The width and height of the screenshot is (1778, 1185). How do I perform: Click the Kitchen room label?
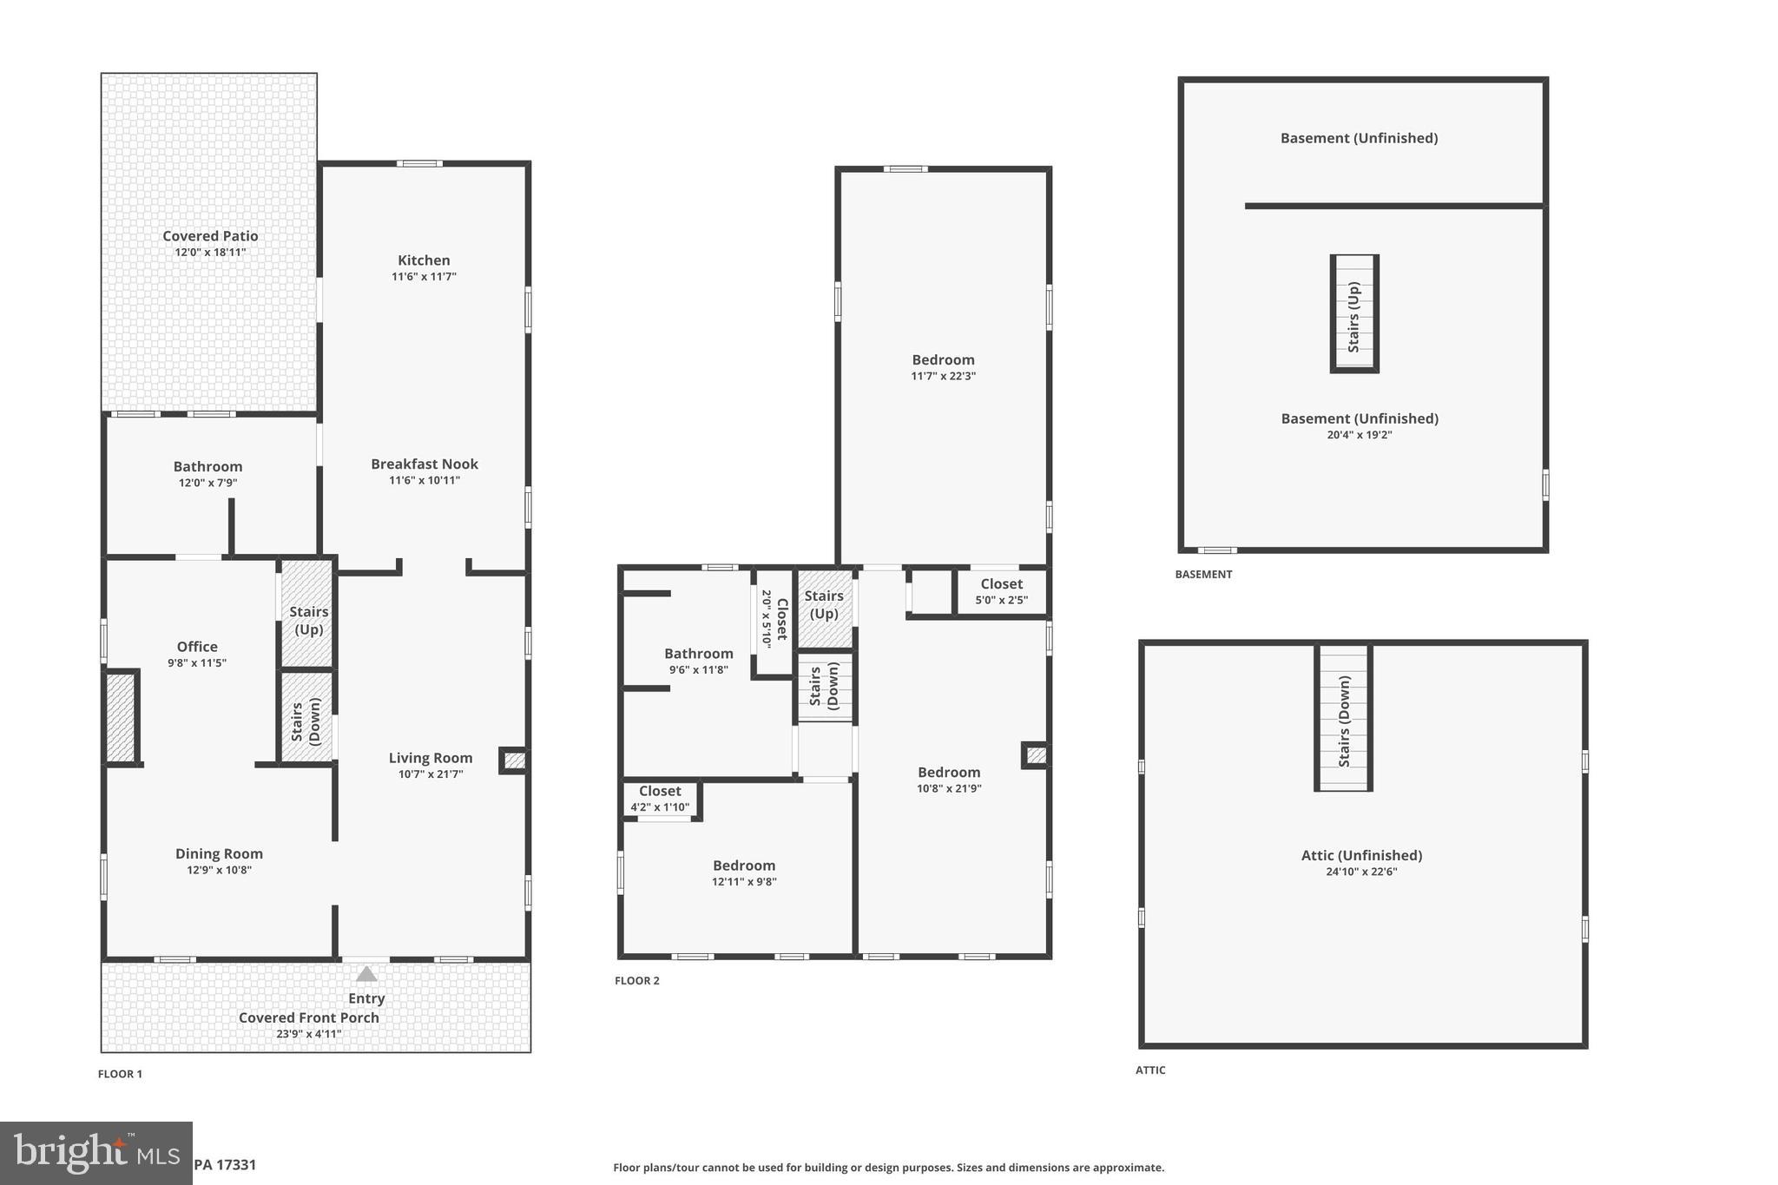424,260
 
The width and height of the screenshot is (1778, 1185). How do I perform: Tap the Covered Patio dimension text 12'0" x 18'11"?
210,253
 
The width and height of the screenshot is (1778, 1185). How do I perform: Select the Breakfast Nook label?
424,464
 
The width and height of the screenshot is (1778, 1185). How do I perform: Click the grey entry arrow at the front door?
366,974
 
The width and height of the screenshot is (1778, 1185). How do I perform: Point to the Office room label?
197,647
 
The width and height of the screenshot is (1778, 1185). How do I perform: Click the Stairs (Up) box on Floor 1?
308,615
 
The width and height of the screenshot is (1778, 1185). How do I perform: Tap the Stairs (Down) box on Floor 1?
306,720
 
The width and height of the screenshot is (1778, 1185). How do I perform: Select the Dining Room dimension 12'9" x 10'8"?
219,870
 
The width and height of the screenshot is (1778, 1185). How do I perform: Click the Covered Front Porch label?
308,1017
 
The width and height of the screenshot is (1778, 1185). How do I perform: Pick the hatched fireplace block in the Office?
121,717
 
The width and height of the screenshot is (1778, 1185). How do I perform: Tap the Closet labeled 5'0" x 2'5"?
1001,591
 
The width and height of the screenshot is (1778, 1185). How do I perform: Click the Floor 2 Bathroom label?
698,654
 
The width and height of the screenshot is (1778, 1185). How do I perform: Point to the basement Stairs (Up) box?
1354,313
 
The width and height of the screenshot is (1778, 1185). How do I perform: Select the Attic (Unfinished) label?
1361,856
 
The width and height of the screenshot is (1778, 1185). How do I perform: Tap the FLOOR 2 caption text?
637,981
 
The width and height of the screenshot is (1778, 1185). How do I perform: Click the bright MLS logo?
95,1153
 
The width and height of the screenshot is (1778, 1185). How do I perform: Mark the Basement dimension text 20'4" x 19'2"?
1360,435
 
